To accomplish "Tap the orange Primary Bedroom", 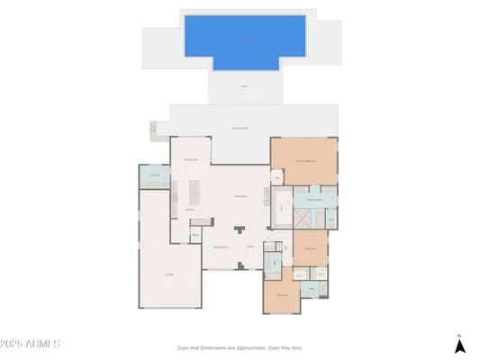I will [x=305, y=160].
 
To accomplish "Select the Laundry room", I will [x=154, y=175].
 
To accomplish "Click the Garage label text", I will [x=168, y=274].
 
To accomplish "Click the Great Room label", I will [x=240, y=195].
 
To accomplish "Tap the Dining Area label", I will [x=191, y=159].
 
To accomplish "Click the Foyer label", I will [x=249, y=246].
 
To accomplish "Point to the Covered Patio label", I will [x=240, y=128].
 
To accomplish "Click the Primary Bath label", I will [x=315, y=199].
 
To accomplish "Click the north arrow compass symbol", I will [x=459, y=343].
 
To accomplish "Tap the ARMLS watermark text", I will [x=30, y=345].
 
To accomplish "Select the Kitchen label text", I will [x=190, y=211].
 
